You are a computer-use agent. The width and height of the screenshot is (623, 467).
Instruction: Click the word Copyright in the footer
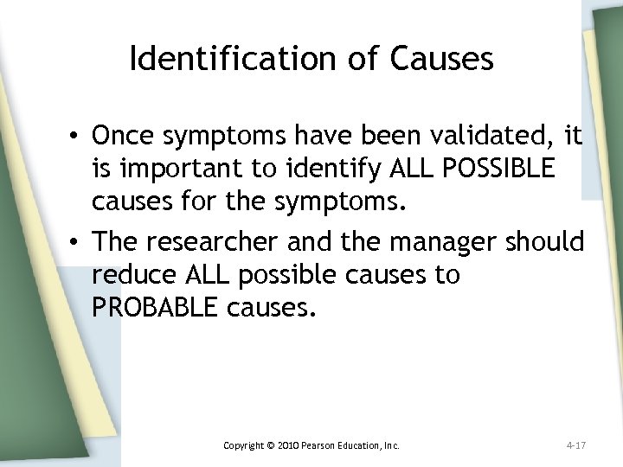[x=245, y=446]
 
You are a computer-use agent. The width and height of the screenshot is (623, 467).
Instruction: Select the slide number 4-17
[x=577, y=446]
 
